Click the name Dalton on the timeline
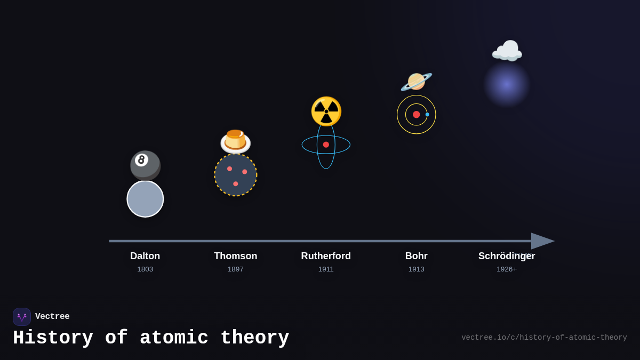145,256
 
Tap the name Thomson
235,256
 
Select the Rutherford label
326,256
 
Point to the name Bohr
416,256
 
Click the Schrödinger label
506,256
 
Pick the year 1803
145,269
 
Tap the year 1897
235,269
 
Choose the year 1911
326,269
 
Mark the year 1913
416,269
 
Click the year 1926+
506,269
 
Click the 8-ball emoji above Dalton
145,165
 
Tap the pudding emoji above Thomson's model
235,142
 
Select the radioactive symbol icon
326,111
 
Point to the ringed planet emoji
416,82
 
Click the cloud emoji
507,51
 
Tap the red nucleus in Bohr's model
417,115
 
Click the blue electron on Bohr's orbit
427,115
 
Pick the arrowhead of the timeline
542,241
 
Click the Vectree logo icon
22,317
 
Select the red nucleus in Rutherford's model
326,145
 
